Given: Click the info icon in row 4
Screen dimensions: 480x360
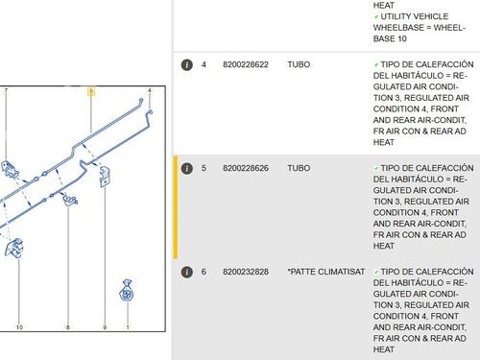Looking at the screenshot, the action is click(x=187, y=64).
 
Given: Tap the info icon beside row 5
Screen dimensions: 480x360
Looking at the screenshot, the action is click(x=187, y=168).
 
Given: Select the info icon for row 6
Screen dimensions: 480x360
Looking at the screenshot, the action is click(x=187, y=272).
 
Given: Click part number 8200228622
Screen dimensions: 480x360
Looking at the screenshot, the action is click(x=246, y=64).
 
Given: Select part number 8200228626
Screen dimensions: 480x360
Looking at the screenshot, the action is click(x=246, y=168).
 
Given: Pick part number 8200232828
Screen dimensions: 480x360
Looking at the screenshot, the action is click(x=246, y=272).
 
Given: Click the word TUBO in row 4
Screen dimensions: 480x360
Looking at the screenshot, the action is click(x=299, y=64).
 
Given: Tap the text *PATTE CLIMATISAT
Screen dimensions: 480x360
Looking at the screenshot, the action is click(x=326, y=272).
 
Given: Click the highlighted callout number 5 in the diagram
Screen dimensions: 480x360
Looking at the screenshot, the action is click(x=91, y=92).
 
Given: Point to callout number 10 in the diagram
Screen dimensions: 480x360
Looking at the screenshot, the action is click(x=19, y=327).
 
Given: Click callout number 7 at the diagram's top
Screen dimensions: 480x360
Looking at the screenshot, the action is click(x=6, y=91).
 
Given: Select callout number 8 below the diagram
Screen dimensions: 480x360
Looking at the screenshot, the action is click(x=68, y=327).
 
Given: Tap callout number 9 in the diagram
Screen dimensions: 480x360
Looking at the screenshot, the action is click(x=105, y=327).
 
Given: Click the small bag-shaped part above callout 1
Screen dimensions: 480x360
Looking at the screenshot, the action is click(x=127, y=291).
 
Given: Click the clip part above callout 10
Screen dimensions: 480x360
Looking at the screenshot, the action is click(x=14, y=248).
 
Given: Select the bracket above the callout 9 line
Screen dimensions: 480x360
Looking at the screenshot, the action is click(x=105, y=176).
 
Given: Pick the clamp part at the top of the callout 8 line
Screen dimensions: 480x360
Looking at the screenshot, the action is click(x=70, y=200).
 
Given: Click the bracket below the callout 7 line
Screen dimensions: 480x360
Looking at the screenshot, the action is click(x=10, y=169).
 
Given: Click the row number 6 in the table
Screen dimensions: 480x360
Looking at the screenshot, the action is click(x=204, y=272).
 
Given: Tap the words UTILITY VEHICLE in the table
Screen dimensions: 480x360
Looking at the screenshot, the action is click(x=415, y=16).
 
